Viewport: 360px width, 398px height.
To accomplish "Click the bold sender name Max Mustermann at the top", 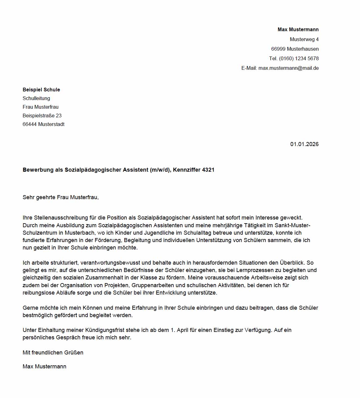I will tap(298, 30).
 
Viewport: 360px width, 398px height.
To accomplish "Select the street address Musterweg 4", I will tap(304, 40).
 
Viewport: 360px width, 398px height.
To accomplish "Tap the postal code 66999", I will tap(278, 49).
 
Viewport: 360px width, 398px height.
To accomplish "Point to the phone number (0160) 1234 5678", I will tap(299, 59).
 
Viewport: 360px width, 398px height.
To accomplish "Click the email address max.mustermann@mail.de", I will tap(288, 68).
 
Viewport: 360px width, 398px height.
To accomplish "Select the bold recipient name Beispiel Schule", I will tap(41, 90).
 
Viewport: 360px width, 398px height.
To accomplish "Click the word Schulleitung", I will tap(36, 98).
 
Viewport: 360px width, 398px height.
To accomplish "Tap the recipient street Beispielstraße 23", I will tap(42, 116).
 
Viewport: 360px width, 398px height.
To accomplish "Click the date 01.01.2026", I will tap(304, 144).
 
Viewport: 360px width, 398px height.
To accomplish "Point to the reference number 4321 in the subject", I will tap(208, 170).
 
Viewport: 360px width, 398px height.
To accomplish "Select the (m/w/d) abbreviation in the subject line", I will tap(160, 170).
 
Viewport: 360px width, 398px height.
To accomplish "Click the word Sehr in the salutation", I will tap(28, 197).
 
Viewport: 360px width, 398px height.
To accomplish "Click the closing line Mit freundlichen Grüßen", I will tap(53, 353).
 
